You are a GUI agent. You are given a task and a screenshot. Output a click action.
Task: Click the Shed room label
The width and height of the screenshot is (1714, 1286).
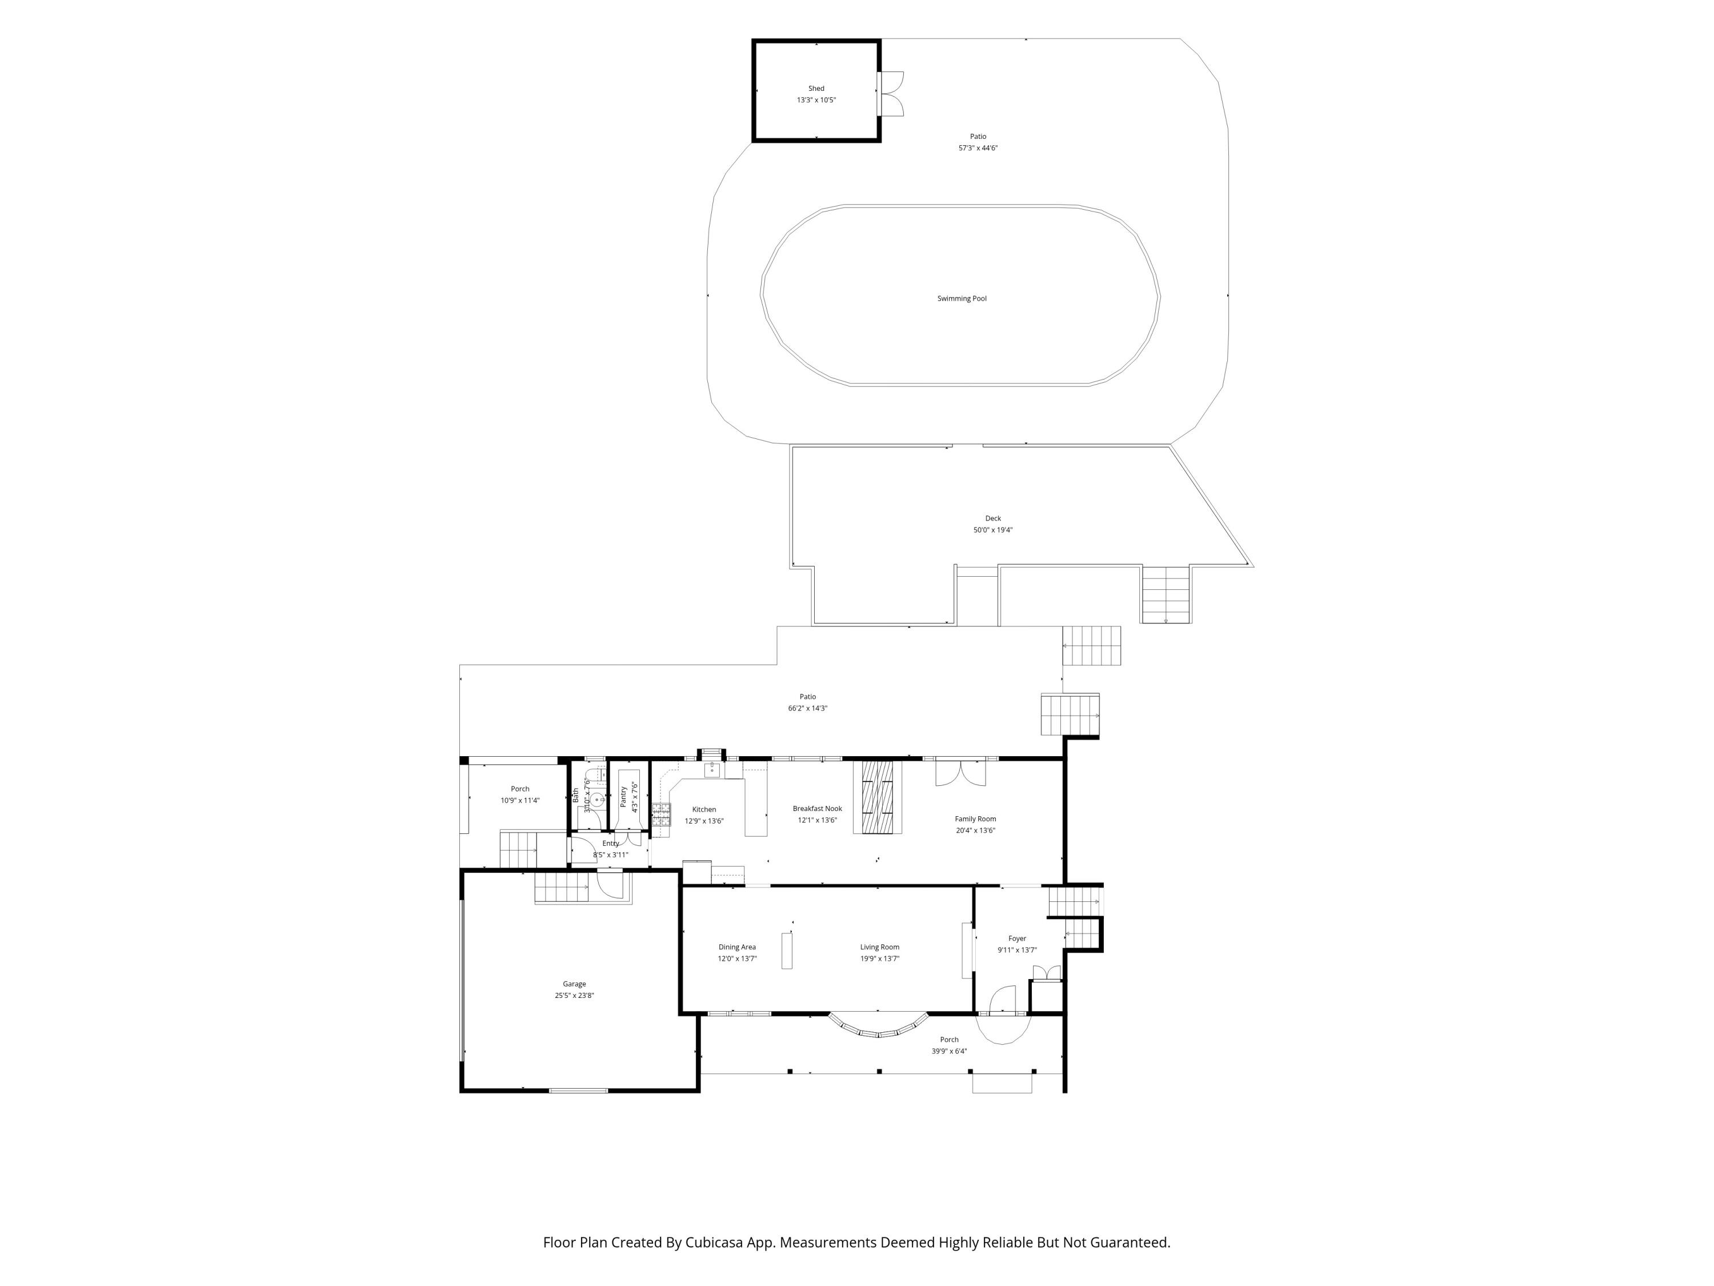pos(816,89)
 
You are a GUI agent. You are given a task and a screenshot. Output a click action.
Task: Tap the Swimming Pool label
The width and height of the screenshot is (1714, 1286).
pos(962,298)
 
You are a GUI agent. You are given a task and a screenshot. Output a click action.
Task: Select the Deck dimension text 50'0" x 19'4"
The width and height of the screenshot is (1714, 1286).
pos(992,530)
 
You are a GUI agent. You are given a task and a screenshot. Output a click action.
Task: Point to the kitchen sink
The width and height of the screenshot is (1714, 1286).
pos(712,770)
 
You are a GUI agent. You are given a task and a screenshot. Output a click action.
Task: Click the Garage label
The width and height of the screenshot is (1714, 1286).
pos(574,984)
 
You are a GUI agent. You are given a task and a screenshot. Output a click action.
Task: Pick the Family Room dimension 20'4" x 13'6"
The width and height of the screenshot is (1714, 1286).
pos(976,830)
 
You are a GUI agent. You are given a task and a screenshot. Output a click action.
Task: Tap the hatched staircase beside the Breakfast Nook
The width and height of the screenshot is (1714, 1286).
pos(877,797)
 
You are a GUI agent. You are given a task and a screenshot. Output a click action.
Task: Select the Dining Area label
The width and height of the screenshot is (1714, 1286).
pos(737,947)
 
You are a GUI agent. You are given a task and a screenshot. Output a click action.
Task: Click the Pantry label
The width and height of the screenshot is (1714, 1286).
pos(624,797)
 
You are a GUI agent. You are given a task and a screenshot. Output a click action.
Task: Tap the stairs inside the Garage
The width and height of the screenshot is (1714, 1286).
pos(562,887)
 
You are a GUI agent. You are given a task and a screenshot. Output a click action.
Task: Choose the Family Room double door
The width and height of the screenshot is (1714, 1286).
pos(961,774)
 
